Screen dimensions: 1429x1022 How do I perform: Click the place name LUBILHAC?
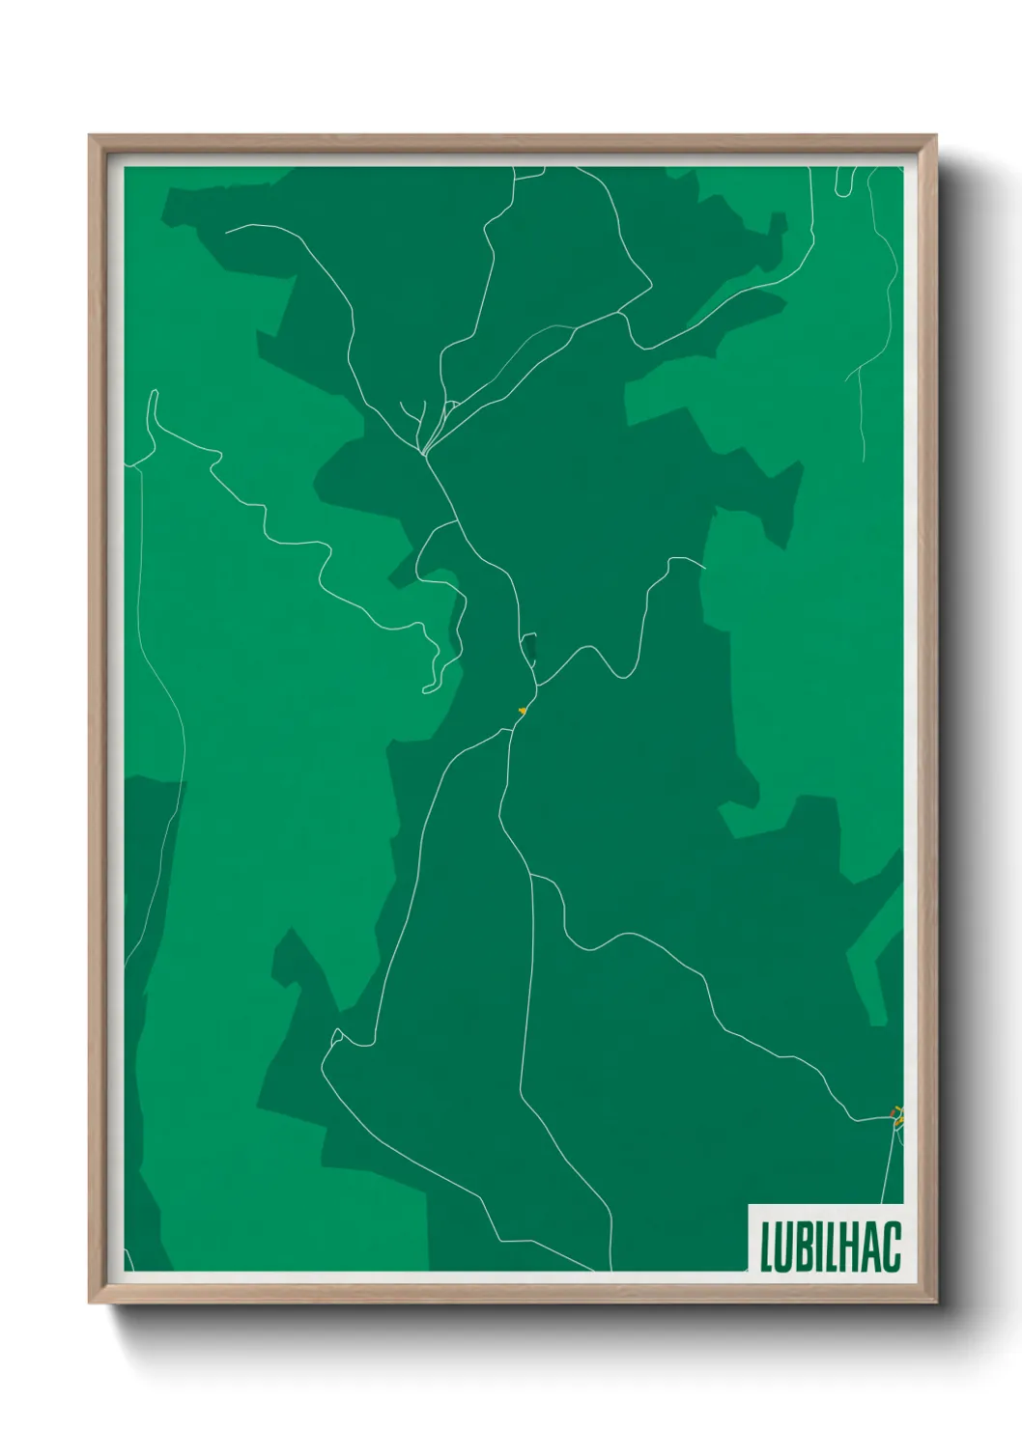830,1247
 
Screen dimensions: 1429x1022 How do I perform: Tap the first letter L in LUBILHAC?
766,1247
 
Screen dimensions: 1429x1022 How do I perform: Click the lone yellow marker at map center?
522,711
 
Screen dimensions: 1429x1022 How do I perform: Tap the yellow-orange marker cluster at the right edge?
897,1117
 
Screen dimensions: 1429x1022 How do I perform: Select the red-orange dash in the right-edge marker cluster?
893,1114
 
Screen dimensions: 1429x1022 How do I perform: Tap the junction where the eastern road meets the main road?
537,686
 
